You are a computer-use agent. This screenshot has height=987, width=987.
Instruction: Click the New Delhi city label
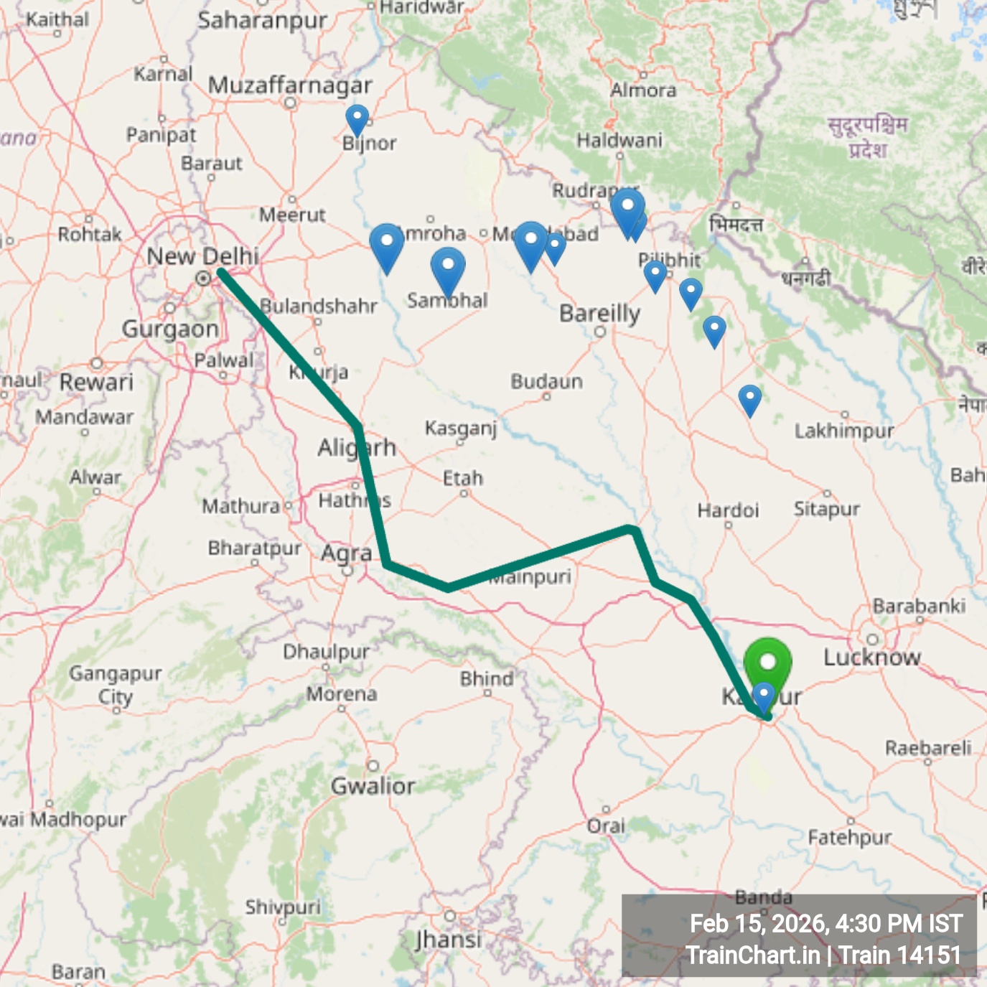[x=202, y=256]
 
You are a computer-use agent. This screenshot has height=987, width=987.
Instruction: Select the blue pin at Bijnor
[x=357, y=118]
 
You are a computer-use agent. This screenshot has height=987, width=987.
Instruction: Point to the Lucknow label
[x=871, y=657]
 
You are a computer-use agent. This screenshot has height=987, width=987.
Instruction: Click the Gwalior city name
[x=373, y=786]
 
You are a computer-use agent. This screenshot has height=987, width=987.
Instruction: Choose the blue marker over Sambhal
[x=448, y=267]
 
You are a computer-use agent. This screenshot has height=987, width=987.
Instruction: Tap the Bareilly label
[x=599, y=314]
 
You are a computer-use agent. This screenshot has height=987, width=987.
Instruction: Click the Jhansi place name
[x=449, y=939]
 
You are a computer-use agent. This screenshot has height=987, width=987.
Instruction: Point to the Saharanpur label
[x=263, y=21]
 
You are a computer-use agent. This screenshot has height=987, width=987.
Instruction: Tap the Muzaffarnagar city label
[x=290, y=85]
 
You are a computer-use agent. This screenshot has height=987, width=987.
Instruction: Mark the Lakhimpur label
[x=844, y=431]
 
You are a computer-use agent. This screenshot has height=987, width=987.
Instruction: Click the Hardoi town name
[x=728, y=510]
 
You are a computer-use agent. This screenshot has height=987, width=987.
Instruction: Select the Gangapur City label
[x=115, y=685]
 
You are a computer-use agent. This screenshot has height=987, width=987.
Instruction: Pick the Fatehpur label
[x=850, y=837]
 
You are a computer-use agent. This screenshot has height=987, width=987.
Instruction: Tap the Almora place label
[x=643, y=90]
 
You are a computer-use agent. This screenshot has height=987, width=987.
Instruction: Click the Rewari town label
[x=96, y=382]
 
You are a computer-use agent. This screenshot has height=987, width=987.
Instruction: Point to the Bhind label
[x=487, y=678]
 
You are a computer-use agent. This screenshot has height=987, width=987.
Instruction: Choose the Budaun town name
[x=546, y=381]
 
